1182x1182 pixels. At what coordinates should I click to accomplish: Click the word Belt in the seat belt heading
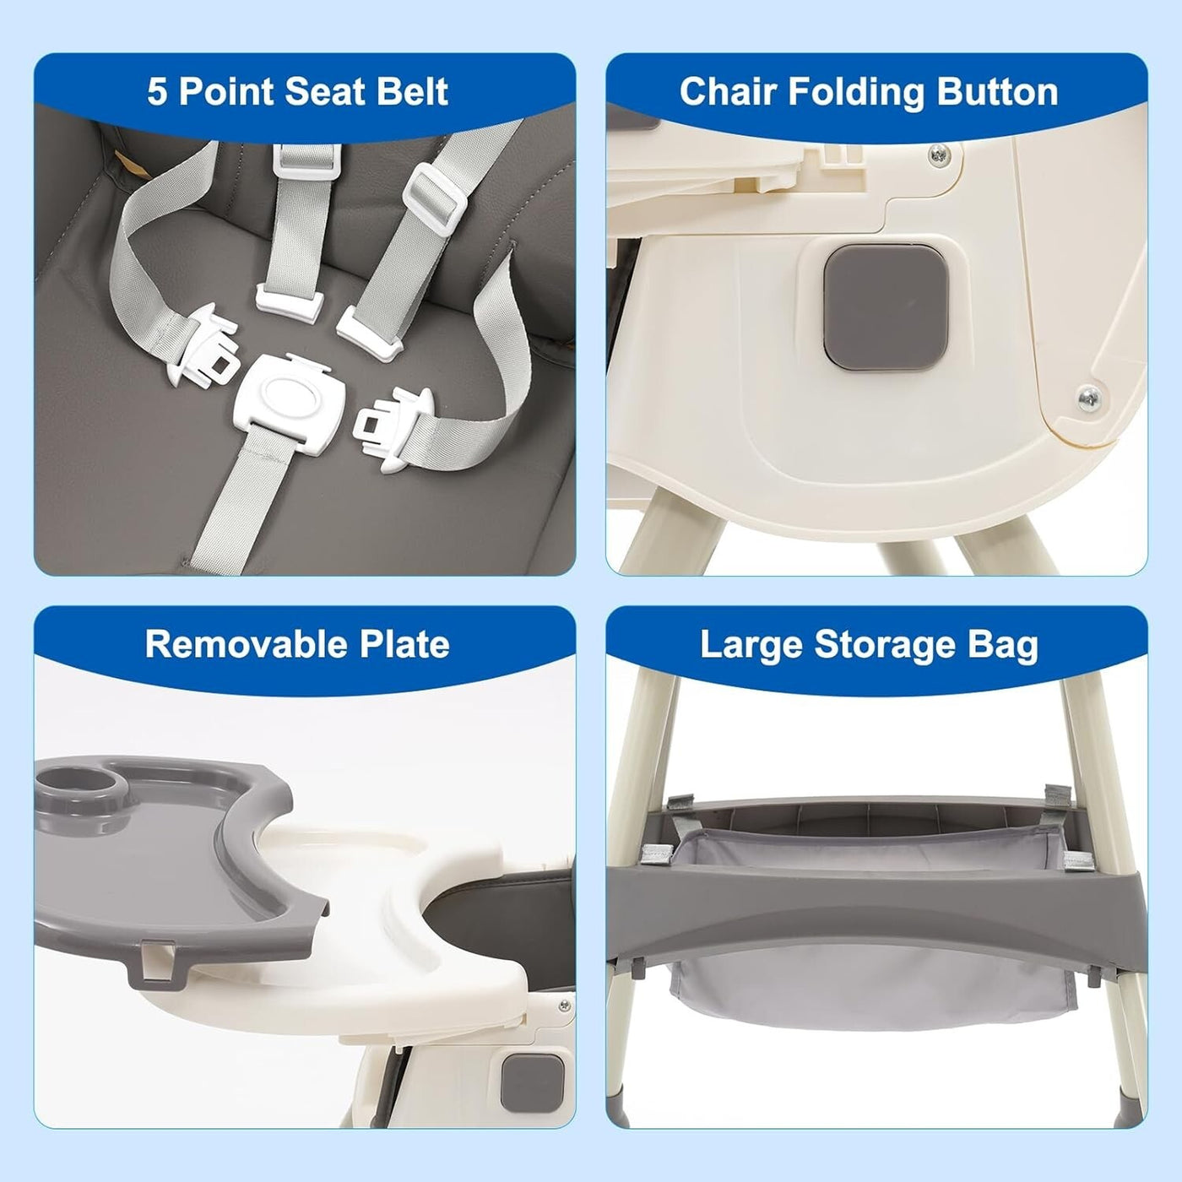(x=413, y=92)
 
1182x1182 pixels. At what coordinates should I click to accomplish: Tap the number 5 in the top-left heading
(x=157, y=93)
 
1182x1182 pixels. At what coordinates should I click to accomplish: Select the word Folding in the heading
(x=855, y=93)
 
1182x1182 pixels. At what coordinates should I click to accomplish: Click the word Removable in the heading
(x=232, y=645)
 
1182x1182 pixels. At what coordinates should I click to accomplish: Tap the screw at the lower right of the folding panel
(x=1089, y=399)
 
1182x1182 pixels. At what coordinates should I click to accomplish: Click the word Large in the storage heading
(x=751, y=647)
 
